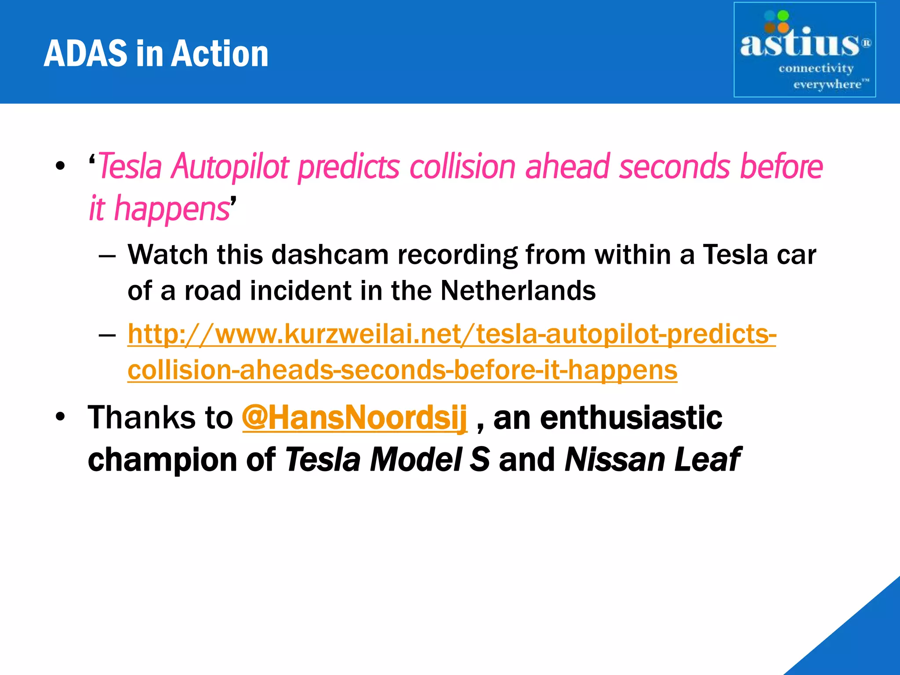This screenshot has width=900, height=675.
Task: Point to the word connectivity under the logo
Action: (816, 69)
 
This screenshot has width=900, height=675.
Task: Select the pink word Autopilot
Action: (230, 167)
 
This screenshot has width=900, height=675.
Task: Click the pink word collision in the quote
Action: (462, 167)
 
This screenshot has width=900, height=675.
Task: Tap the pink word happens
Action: (171, 208)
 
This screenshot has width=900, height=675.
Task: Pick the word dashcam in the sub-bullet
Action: (330, 255)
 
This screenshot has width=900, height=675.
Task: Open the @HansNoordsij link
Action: (354, 417)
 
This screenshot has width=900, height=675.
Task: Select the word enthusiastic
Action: (631, 417)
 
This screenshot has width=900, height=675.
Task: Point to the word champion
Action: (163, 460)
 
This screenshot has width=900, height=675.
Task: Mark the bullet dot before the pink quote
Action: (60, 166)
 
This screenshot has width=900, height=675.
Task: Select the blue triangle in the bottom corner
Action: (861, 642)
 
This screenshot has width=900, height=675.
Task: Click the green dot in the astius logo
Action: (783, 16)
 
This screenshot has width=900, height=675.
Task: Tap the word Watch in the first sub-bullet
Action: (167, 255)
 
